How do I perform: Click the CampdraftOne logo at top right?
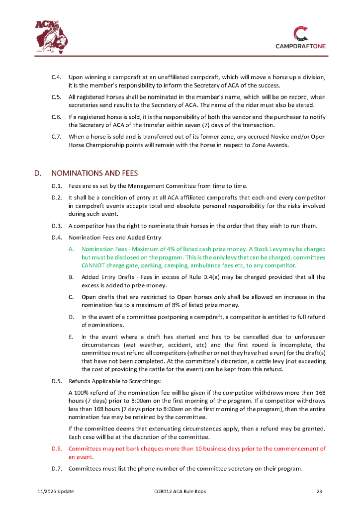300,38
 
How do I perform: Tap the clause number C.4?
56,77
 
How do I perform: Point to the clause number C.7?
56,136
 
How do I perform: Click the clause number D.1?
56,186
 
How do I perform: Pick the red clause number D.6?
56,448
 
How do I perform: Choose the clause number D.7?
56,469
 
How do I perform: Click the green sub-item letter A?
72,249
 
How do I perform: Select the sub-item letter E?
71,337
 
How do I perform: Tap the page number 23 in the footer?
320,492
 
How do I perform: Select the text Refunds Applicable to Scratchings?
115,381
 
